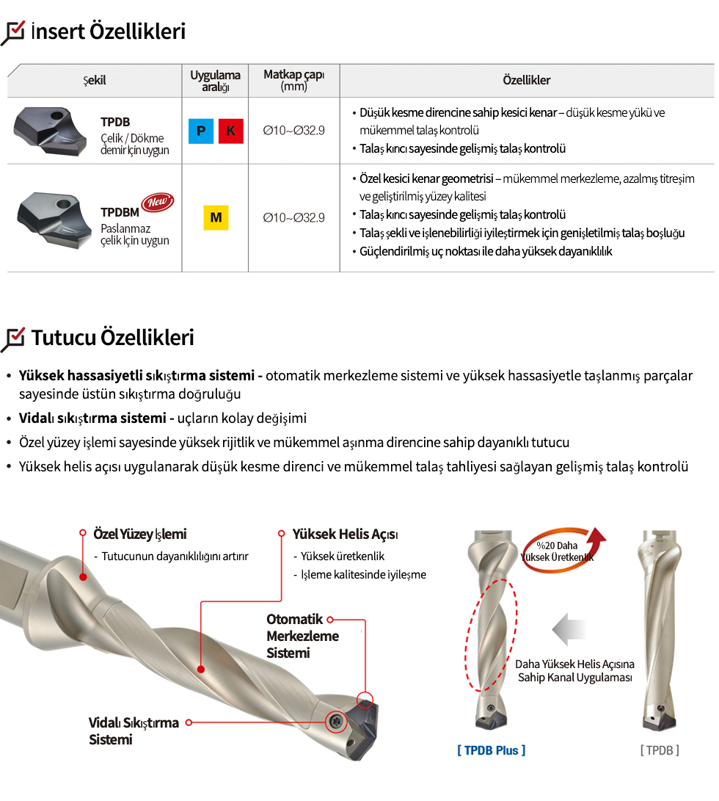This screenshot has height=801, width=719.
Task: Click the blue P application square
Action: click(x=201, y=131)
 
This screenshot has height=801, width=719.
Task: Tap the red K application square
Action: click(x=231, y=131)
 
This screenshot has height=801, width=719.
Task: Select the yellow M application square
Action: click(x=216, y=217)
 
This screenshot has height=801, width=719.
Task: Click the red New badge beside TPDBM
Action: click(x=158, y=203)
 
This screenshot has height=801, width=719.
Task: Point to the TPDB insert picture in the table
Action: click(x=50, y=131)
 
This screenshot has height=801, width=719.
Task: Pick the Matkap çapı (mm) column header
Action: click(x=293, y=80)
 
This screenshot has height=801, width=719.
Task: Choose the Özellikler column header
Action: click(x=527, y=80)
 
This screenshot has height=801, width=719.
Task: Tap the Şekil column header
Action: click(x=95, y=80)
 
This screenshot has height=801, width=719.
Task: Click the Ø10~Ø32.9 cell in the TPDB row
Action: click(x=293, y=131)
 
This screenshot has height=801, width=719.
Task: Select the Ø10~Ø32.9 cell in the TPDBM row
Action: click(x=293, y=217)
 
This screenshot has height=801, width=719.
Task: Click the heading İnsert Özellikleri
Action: click(x=109, y=31)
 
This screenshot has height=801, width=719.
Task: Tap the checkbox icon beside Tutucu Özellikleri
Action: click(x=12, y=339)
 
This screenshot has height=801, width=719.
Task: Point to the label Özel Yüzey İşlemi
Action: click(x=140, y=534)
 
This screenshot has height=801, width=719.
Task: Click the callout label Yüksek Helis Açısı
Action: click(x=346, y=534)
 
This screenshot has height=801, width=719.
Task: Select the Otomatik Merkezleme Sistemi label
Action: click(x=303, y=636)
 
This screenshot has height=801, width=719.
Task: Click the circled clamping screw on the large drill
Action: click(x=336, y=722)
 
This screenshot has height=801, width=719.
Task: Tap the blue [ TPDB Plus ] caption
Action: click(x=492, y=750)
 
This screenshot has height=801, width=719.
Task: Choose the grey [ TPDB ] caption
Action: click(x=660, y=750)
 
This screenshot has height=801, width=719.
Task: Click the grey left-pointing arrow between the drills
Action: click(x=569, y=629)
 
